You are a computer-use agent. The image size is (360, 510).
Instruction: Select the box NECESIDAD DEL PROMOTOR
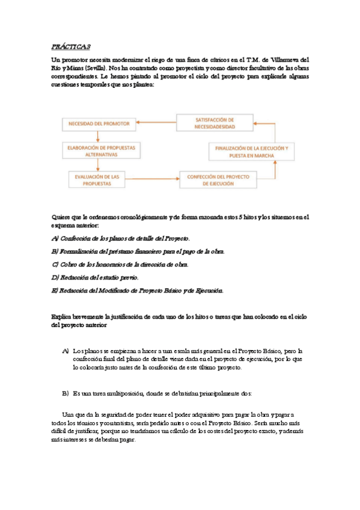point(98,124)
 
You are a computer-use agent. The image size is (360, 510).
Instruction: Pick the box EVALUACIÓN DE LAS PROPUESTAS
point(101,179)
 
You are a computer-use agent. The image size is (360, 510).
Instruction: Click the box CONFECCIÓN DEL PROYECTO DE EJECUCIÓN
point(218,179)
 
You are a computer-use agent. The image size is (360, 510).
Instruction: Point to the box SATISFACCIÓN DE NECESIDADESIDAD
point(215,123)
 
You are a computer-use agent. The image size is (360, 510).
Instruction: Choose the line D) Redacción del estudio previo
point(95,277)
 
